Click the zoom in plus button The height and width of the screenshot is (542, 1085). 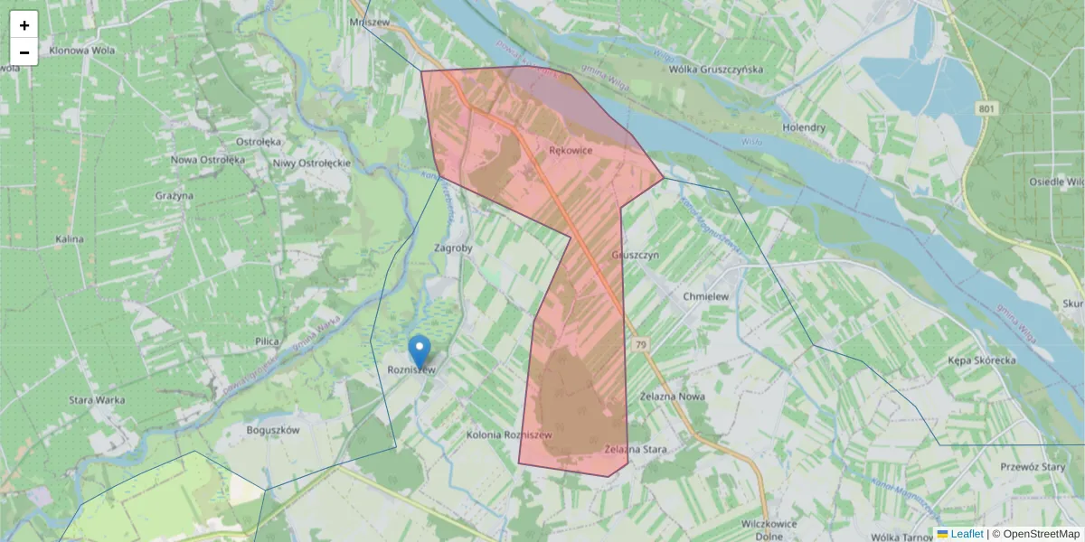(x=24, y=25)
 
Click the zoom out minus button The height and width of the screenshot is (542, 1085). (x=24, y=52)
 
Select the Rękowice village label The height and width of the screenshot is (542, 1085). (x=571, y=151)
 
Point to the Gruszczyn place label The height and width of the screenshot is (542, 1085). (x=637, y=256)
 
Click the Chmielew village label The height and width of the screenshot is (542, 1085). (x=706, y=296)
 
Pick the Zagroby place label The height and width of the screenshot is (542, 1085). (x=454, y=248)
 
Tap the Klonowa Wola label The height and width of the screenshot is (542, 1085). (x=82, y=51)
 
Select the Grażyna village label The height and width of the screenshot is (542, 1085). (x=175, y=195)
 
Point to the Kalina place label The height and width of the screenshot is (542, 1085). (x=70, y=239)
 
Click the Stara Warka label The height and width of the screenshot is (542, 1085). (x=97, y=400)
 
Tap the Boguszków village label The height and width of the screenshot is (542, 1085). (x=273, y=431)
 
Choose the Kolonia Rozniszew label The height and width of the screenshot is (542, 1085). (x=508, y=435)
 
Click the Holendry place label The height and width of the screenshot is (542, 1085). (x=804, y=127)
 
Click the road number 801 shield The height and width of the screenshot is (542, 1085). (x=987, y=108)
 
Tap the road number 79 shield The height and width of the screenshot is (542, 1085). (x=641, y=345)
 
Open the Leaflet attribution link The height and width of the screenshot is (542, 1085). (x=967, y=534)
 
